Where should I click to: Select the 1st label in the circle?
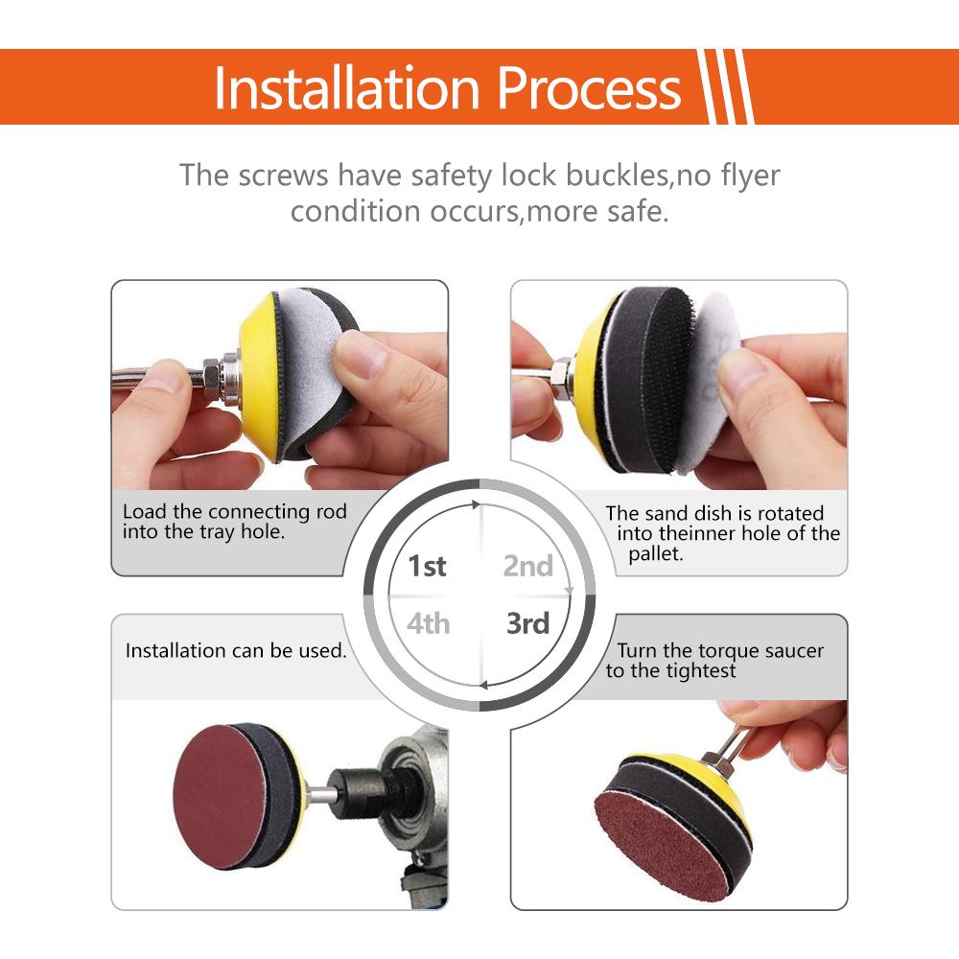tap(428, 566)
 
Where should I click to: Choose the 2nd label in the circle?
tap(528, 566)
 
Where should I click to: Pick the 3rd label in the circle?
tap(528, 624)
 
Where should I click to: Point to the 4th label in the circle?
tap(428, 624)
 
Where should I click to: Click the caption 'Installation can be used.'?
tap(236, 651)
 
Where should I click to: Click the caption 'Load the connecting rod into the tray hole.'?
tap(234, 522)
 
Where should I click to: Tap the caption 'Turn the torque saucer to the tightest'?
tap(714, 661)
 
